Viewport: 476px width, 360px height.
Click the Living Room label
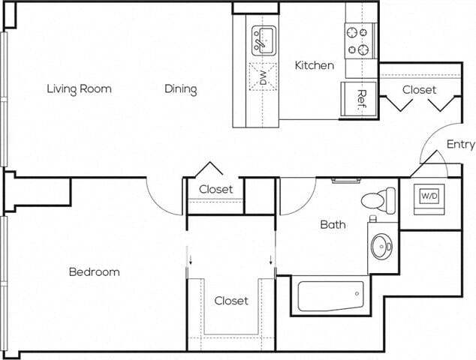[x=79, y=88]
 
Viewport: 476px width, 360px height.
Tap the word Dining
[x=181, y=89]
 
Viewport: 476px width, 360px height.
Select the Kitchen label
[x=314, y=65]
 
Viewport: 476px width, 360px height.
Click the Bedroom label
[x=94, y=271]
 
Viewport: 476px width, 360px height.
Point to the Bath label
[x=333, y=224]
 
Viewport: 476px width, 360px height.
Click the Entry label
[x=460, y=144]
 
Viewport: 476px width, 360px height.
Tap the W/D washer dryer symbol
[x=429, y=196]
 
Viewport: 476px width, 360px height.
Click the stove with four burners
[x=360, y=40]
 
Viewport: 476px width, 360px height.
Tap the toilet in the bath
[x=378, y=200]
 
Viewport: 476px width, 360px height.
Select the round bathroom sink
[x=381, y=244]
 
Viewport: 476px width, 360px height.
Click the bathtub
[x=331, y=295]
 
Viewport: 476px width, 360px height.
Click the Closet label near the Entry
[x=418, y=89]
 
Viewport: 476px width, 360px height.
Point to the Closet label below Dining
[x=215, y=189]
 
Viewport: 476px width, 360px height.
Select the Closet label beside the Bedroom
[x=231, y=301]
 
